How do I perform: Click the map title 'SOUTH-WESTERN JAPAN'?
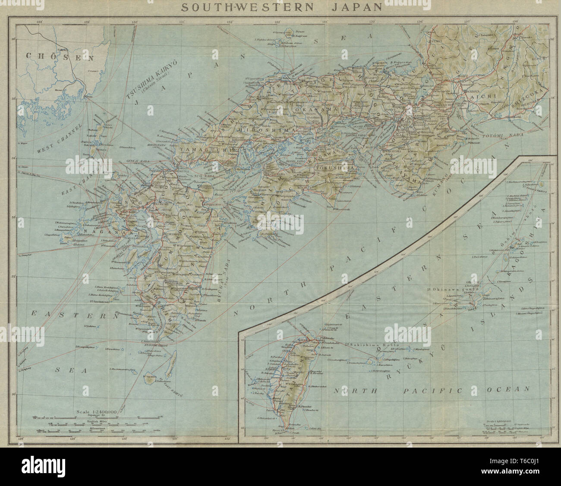[281, 6]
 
